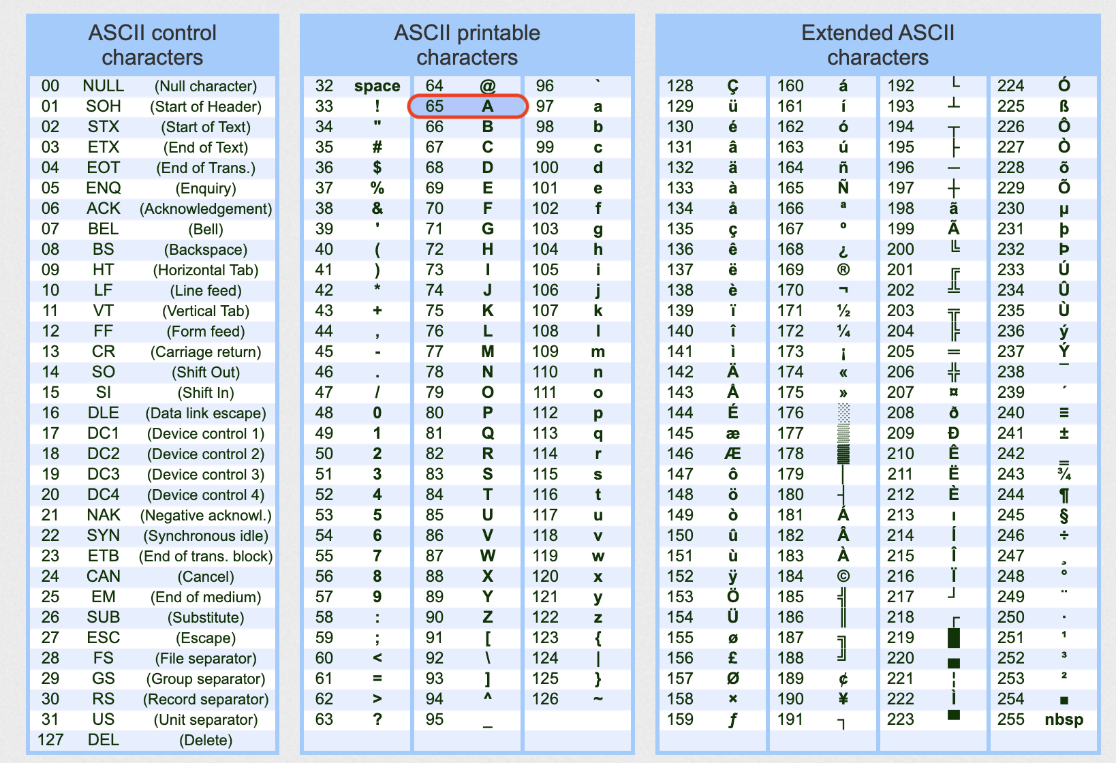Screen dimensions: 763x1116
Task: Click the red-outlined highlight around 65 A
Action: pos(467,106)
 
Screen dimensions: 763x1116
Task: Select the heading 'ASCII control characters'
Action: pos(153,45)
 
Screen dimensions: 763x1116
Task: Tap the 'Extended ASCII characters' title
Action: pos(878,45)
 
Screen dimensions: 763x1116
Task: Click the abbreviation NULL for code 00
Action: pos(103,86)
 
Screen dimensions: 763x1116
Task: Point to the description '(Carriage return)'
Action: pos(206,352)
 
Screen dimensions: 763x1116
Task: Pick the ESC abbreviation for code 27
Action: pos(103,638)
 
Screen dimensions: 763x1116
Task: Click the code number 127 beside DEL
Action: pos(50,740)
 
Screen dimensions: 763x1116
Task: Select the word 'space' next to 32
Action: pos(377,86)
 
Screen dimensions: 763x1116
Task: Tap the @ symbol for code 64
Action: pos(487,86)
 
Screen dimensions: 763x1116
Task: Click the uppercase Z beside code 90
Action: pos(487,617)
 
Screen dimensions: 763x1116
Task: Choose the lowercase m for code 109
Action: pos(598,352)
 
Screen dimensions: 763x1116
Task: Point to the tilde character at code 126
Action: pos(598,699)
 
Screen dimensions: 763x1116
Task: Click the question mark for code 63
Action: pos(377,719)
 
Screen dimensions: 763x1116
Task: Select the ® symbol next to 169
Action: pos(843,270)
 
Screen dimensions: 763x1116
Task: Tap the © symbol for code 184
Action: pos(843,576)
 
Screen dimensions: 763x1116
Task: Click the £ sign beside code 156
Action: pos(732,658)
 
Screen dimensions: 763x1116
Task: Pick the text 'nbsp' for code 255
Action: pos(1064,719)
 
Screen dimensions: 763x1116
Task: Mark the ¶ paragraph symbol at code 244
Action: pos(1064,495)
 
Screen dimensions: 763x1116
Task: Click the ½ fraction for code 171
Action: pos(843,311)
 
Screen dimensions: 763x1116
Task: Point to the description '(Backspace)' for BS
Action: pos(206,250)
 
